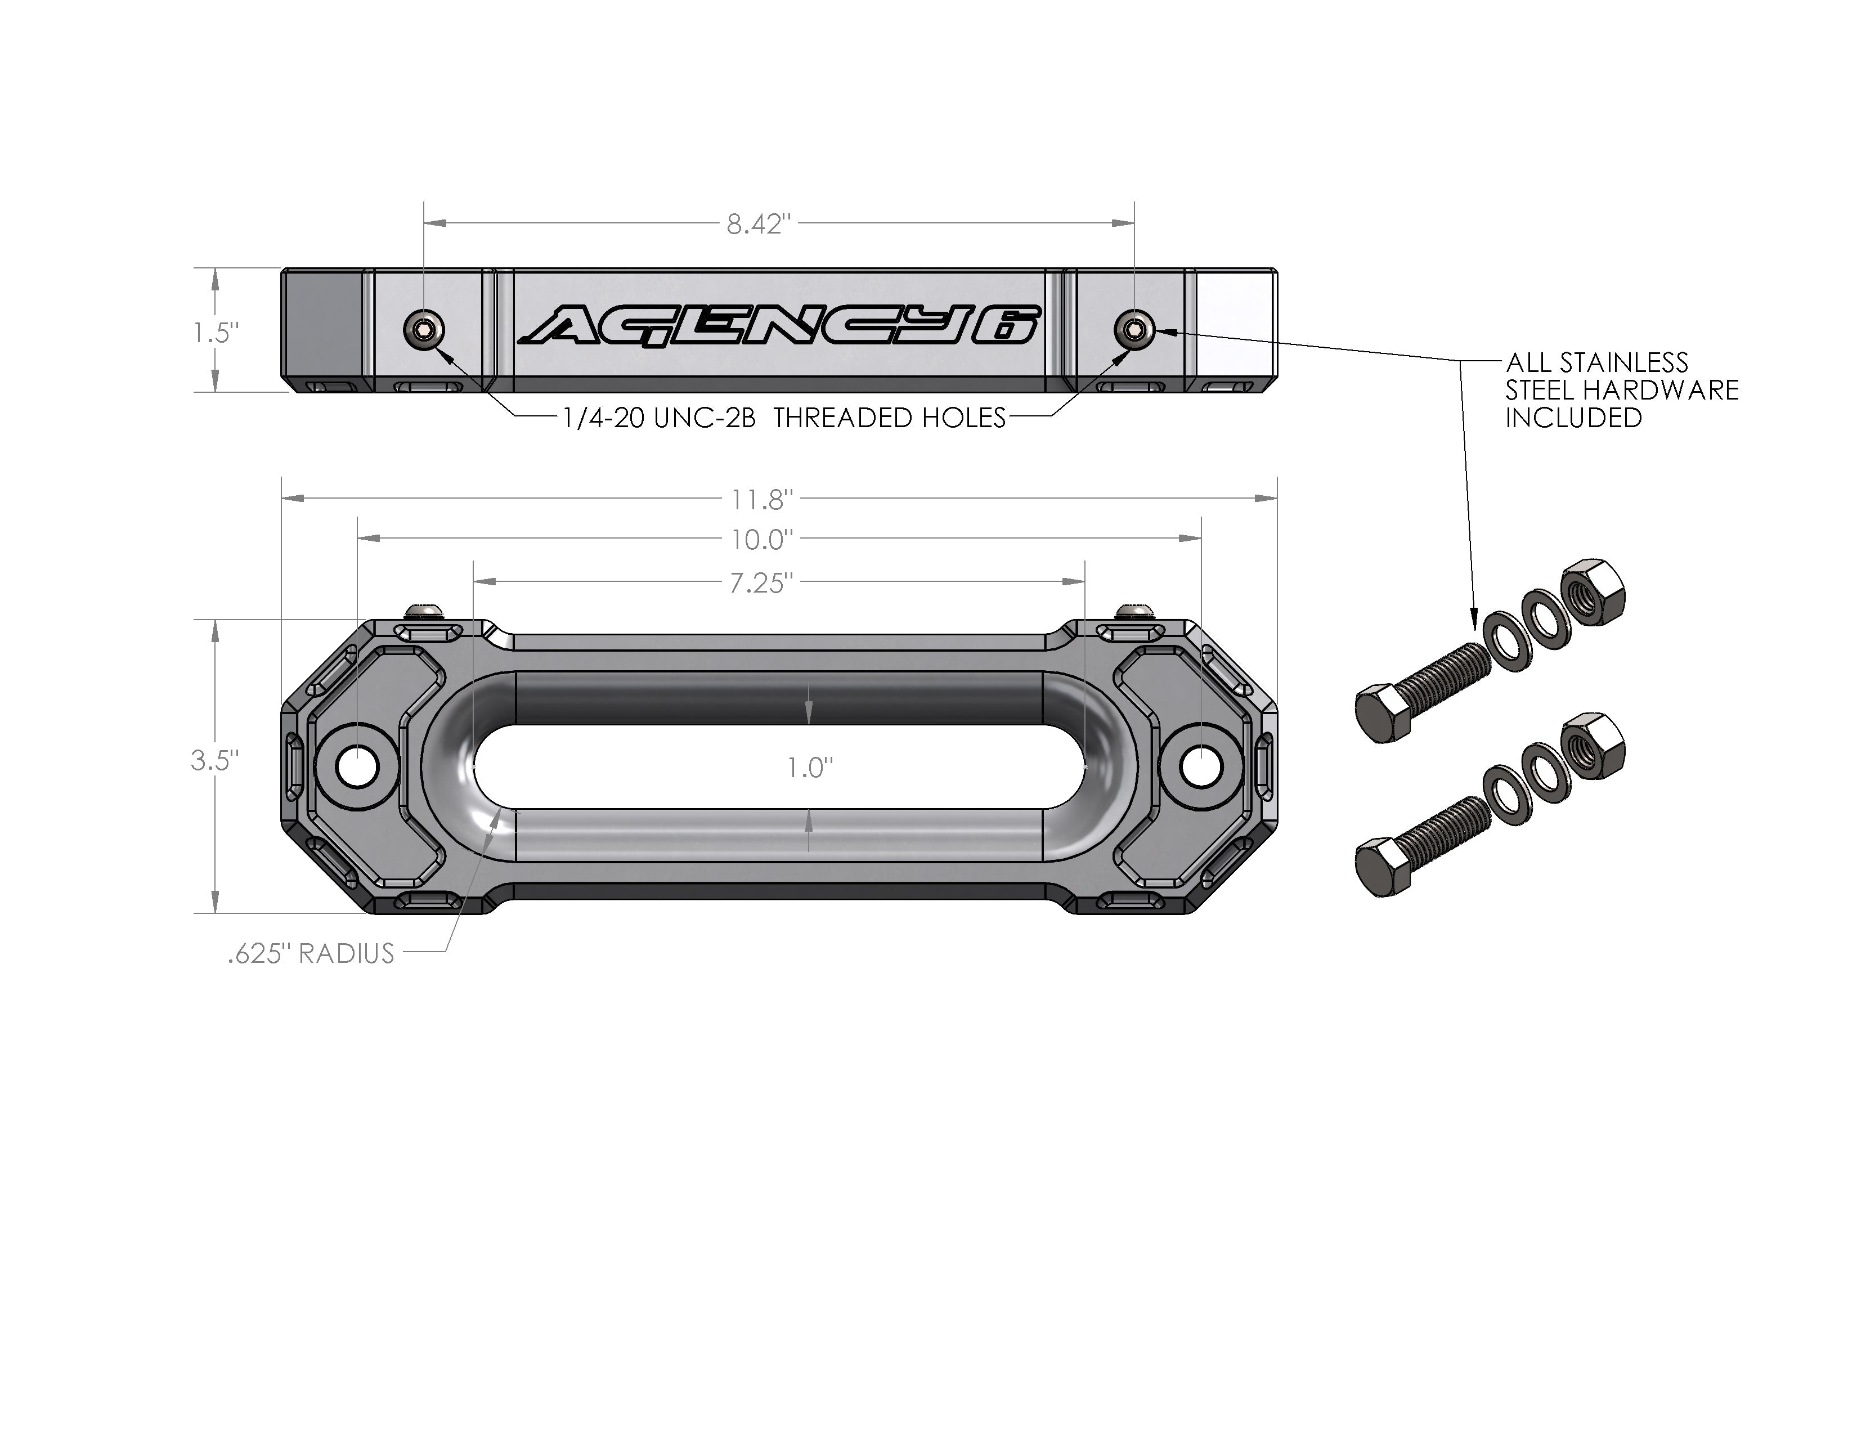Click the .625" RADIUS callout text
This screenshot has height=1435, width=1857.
click(x=311, y=954)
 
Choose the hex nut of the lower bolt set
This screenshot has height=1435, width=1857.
click(x=1594, y=745)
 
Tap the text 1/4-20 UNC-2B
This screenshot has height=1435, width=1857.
click(x=659, y=418)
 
